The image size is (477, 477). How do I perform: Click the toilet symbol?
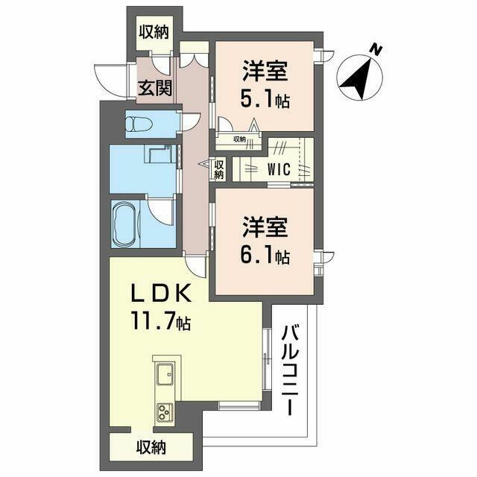click(139, 124)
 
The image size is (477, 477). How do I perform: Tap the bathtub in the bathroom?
click(125, 224)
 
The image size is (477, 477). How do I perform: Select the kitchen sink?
click(165, 374)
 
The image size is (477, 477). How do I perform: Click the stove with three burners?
click(165, 413)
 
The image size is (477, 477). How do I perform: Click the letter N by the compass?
click(377, 50)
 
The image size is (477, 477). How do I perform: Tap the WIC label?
click(279, 169)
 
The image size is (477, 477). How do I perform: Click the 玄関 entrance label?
click(155, 88)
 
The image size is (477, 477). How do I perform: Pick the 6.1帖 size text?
click(265, 256)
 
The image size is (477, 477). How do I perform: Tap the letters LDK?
click(161, 293)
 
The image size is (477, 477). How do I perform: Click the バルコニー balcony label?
click(291, 370)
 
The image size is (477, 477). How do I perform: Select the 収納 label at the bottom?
click(151, 447)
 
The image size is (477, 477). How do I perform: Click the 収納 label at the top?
click(154, 32)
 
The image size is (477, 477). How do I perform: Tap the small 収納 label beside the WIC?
click(219, 169)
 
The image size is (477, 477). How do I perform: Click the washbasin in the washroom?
click(160, 154)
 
